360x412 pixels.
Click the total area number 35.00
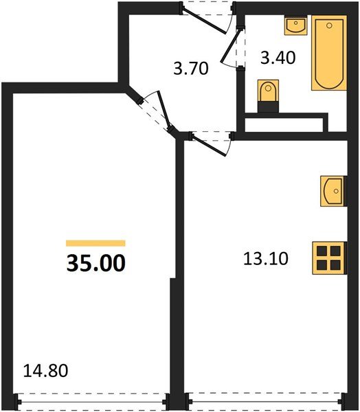tap(96, 263)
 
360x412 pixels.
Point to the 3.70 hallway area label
tap(190, 68)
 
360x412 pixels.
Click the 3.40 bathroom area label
tap(278, 57)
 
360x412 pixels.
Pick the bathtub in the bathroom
tap(328, 54)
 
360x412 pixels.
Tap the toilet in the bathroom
tap(267, 93)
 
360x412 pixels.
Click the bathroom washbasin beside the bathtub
tap(296, 27)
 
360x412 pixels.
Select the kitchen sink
tap(332, 190)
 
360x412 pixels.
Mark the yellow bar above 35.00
tap(95, 243)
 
